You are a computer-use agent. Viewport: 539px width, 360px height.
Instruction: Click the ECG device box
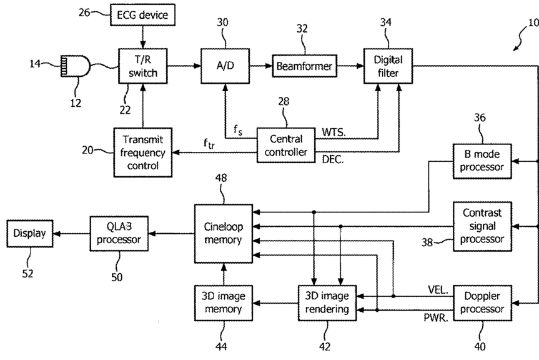tap(142, 15)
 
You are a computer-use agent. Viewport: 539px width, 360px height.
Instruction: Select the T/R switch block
tap(142, 66)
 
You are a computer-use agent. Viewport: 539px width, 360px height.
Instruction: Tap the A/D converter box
tap(225, 66)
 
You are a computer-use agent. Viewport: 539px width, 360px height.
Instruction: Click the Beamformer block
tap(305, 66)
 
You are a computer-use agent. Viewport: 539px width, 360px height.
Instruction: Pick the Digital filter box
tap(388, 66)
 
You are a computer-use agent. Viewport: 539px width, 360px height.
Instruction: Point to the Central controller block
tap(286, 145)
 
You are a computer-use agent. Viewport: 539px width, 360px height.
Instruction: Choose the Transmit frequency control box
tap(142, 152)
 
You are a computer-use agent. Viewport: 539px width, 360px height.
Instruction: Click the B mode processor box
tap(482, 161)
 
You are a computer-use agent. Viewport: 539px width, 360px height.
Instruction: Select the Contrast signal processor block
tap(482, 226)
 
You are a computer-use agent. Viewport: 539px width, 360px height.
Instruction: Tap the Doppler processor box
tap(482, 303)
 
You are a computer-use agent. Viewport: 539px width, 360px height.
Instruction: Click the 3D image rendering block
tap(327, 303)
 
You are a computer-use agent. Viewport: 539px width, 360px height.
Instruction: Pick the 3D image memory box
tap(224, 303)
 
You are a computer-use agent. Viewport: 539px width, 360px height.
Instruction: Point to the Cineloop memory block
tap(224, 234)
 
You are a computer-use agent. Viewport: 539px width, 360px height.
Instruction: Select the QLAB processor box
tap(119, 234)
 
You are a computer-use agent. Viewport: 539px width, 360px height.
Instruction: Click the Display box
tap(30, 234)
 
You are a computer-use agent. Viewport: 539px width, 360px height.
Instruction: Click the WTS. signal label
tap(334, 132)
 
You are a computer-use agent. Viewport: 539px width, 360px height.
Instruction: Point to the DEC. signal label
tap(333, 159)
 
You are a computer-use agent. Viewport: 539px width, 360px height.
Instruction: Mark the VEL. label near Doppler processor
tap(438, 290)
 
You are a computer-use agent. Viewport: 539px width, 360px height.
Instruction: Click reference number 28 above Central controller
tap(284, 101)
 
